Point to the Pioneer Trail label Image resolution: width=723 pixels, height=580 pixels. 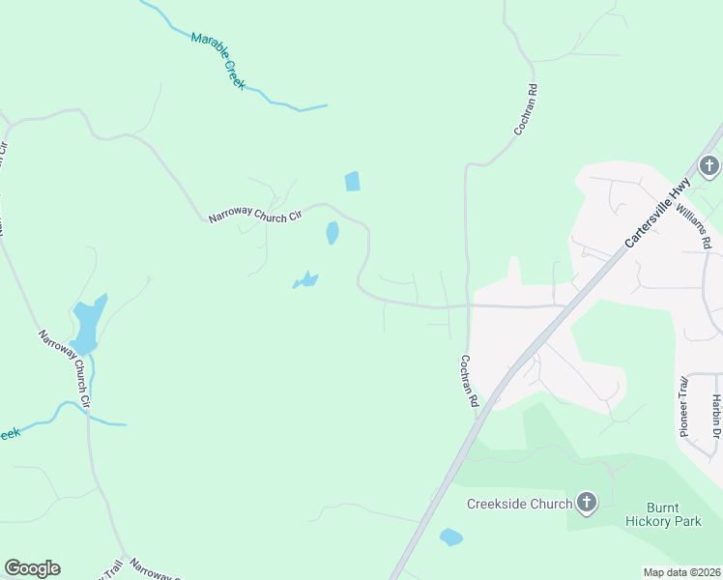tap(683, 405)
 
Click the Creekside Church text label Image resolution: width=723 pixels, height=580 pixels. tap(519, 503)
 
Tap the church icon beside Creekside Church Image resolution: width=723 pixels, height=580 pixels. tap(586, 502)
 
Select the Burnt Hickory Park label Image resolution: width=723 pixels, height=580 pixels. tap(673, 514)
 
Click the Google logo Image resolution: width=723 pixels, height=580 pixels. tap(32, 568)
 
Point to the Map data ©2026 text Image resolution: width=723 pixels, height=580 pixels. tap(681, 572)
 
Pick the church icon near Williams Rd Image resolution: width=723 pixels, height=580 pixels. tap(709, 166)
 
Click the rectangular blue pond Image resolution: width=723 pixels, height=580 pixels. tap(352, 181)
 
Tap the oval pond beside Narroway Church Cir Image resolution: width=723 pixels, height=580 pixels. tap(333, 233)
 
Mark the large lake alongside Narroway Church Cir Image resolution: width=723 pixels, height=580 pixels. tap(86, 323)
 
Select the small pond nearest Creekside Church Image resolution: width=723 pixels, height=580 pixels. tap(450, 537)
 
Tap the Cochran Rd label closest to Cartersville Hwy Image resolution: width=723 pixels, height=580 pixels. tap(469, 380)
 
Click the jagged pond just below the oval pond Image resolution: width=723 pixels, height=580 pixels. tap(306, 281)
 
